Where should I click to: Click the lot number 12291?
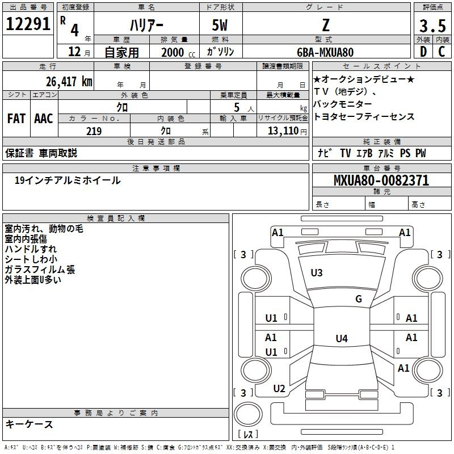[28, 24]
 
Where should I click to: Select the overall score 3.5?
[432, 26]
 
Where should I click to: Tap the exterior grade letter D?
[423, 52]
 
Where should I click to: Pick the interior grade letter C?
[442, 52]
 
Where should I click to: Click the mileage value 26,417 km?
[69, 81]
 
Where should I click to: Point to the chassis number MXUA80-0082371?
[381, 180]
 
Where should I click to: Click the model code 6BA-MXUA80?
[325, 52]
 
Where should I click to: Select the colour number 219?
[94, 131]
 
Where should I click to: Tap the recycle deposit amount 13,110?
[283, 131]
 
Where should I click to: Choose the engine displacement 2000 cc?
[178, 52]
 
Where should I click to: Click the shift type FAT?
[16, 119]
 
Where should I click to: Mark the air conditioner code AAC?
[44, 119]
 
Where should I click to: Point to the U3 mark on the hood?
[317, 273]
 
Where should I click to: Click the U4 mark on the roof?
[342, 338]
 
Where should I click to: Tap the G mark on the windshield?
[359, 299]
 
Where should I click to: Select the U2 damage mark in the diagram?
[279, 389]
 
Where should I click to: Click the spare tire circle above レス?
[248, 414]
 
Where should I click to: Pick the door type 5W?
[220, 25]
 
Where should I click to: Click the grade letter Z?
[326, 25]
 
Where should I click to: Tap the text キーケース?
[30, 424]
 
